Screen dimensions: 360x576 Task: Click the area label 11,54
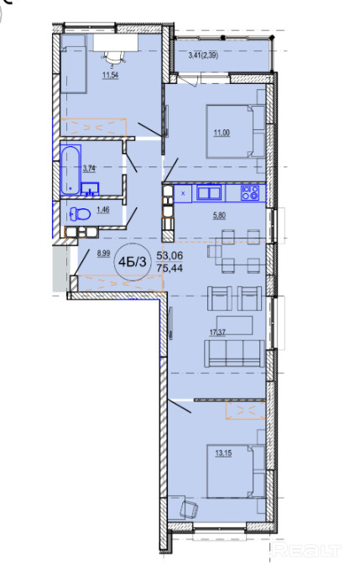point(110,76)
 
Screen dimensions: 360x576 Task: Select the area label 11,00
point(222,133)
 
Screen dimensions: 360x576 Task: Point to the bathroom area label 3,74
point(89,169)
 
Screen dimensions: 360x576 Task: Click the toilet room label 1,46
point(102,210)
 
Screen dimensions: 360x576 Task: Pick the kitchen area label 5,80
point(220,216)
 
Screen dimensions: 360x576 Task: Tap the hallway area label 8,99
point(103,253)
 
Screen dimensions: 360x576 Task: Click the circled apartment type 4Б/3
point(133,262)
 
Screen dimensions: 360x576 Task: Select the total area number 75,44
point(170,268)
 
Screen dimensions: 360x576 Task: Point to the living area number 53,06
point(170,255)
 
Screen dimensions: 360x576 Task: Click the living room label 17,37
point(217,333)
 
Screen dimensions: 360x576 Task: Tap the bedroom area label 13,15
point(223,453)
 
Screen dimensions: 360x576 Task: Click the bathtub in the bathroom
point(70,170)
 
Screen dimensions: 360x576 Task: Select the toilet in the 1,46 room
point(80,213)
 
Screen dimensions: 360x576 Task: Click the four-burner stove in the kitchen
point(250,193)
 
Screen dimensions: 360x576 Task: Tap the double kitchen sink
point(209,193)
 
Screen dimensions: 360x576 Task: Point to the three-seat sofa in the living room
point(234,353)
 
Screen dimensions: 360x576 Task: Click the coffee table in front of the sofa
point(234,325)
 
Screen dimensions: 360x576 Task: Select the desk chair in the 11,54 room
point(113,56)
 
